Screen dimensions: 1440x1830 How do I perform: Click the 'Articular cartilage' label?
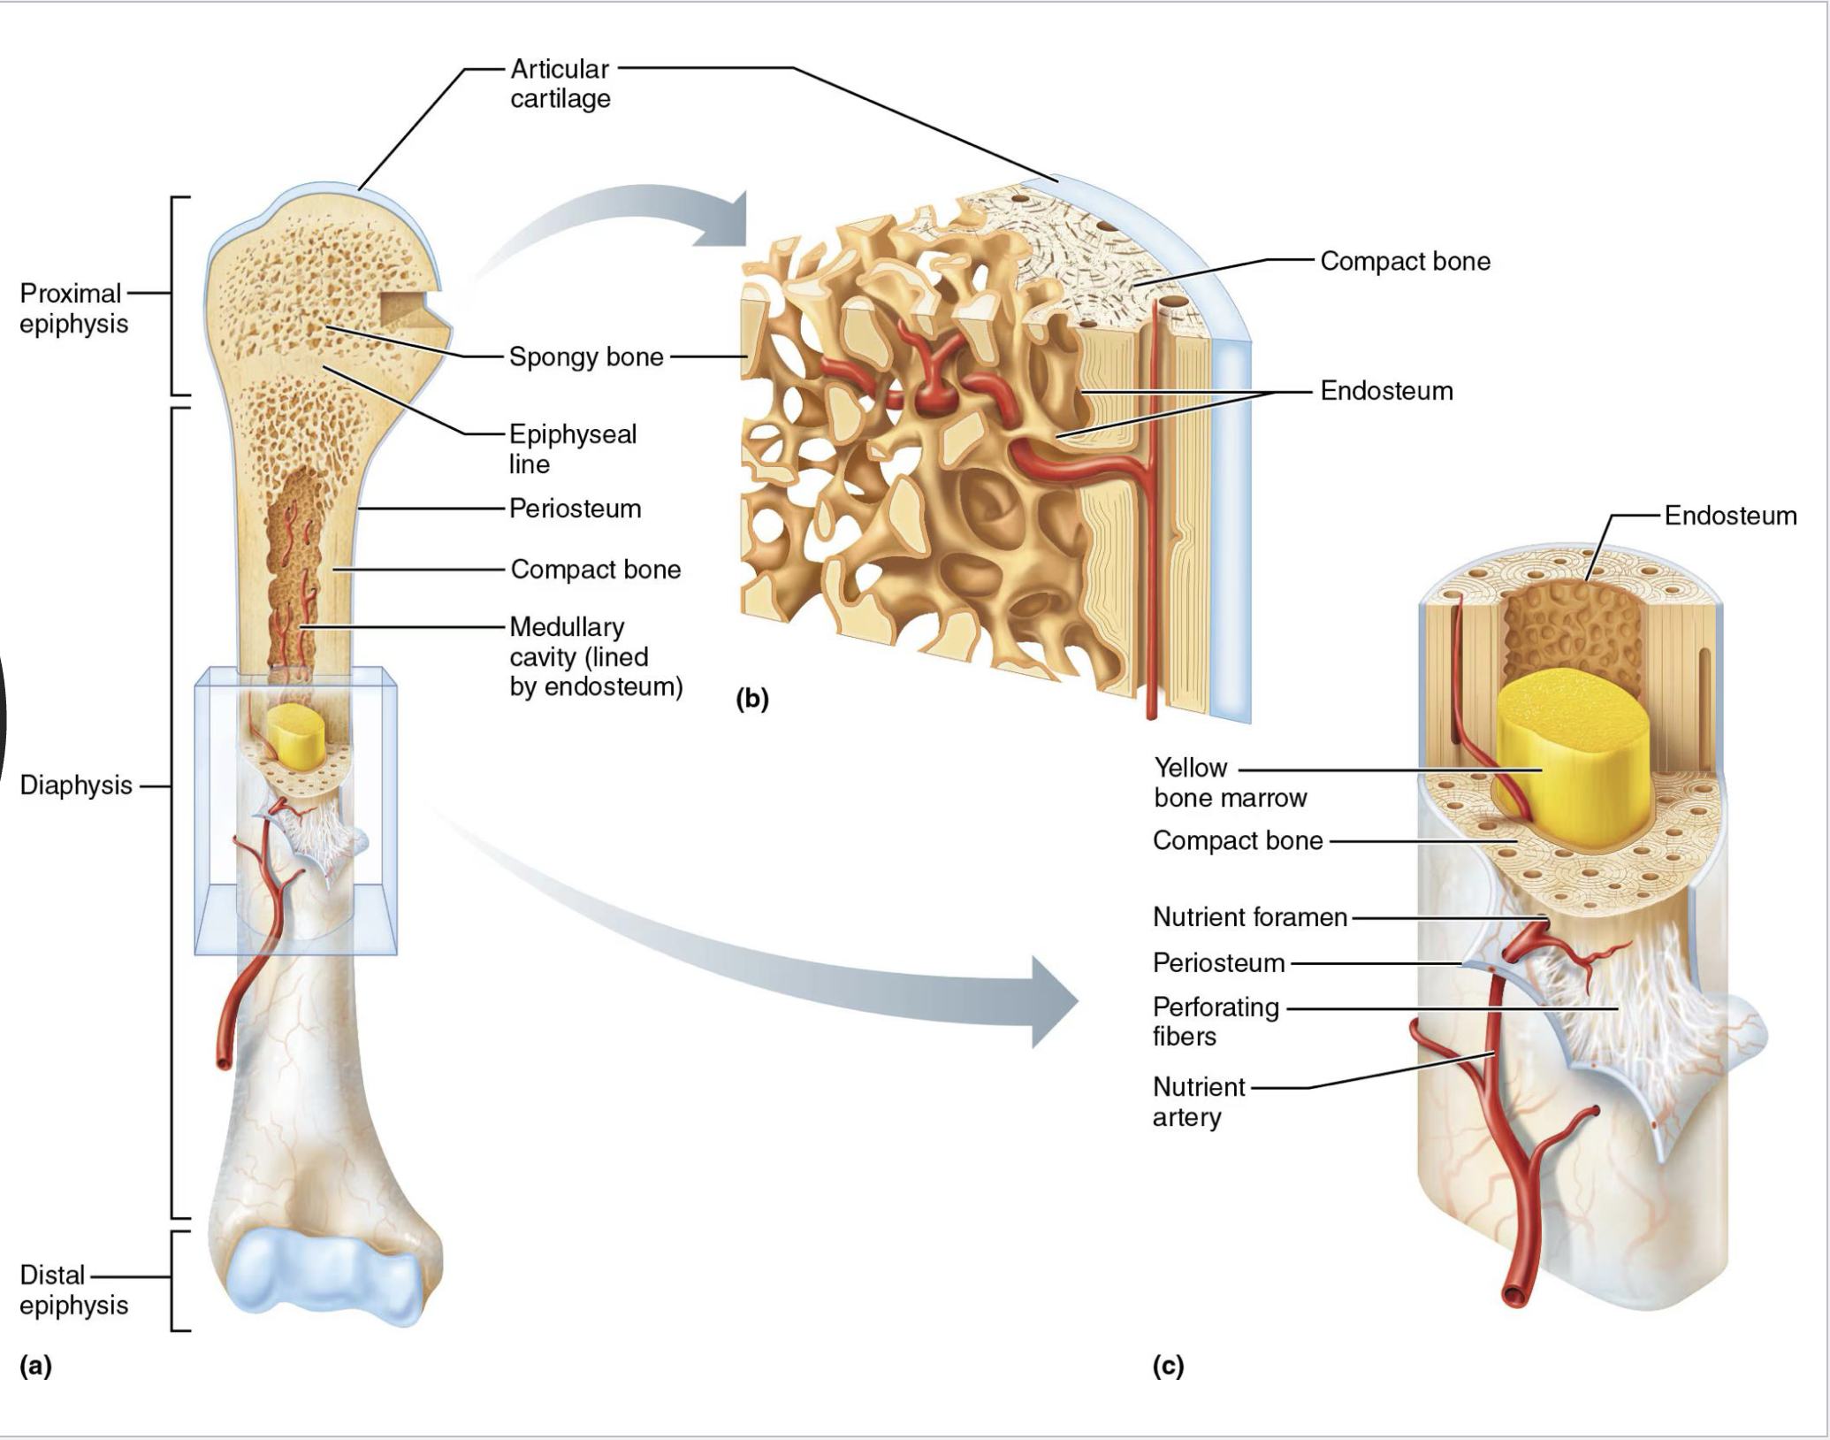coord(560,83)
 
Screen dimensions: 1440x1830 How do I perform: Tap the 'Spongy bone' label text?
coord(585,357)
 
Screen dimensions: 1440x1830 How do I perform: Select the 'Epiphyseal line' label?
coord(572,449)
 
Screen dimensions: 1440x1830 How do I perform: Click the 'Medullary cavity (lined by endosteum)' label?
coord(595,657)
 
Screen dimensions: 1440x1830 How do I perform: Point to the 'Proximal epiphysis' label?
coord(73,309)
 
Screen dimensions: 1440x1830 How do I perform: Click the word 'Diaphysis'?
coord(76,785)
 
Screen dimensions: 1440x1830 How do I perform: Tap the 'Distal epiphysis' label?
coord(73,1291)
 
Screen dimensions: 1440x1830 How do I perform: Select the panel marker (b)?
coord(752,700)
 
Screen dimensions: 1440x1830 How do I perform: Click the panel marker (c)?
coord(1168,1366)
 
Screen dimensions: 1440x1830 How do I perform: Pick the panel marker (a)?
coord(36,1366)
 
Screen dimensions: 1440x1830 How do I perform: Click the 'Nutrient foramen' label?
coord(1249,917)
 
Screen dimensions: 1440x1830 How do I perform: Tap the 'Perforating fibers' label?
coord(1216,1022)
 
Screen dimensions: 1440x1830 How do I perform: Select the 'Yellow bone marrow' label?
coord(1229,783)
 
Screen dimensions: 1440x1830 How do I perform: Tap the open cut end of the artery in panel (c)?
coord(1514,1297)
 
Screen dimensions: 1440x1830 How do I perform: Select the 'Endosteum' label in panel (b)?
coord(1385,391)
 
